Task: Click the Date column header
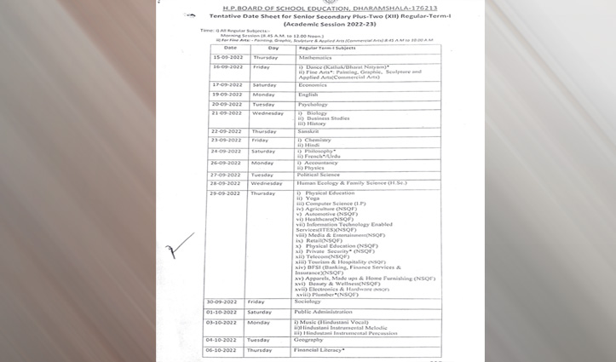click(230, 48)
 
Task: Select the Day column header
click(273, 48)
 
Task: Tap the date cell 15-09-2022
click(229, 57)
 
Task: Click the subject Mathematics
click(314, 57)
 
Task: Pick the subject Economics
click(313, 85)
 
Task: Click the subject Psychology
click(314, 104)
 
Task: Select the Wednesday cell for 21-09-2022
click(268, 113)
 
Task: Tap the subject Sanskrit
click(308, 131)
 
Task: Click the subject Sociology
click(308, 302)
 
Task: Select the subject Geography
click(309, 340)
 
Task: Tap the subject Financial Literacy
click(321, 350)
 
